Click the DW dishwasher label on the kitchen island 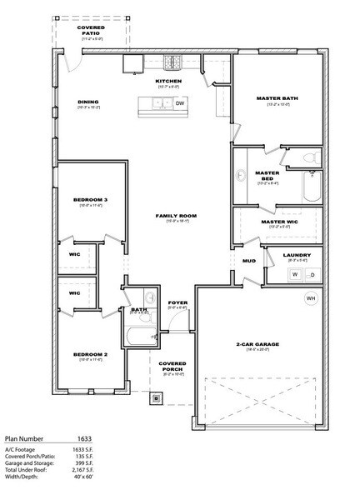coord(179,104)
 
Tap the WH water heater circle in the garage coord(311,297)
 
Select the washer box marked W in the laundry coord(294,273)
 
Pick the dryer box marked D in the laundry coord(314,273)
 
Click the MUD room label coord(248,261)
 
